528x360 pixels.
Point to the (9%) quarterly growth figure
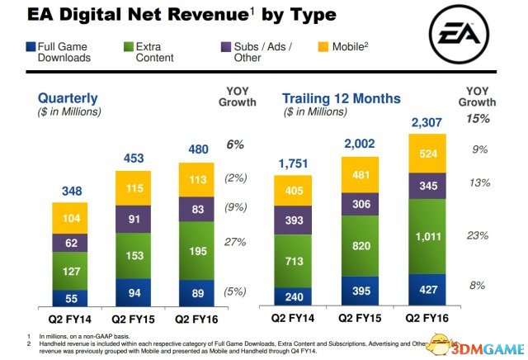coord(235,207)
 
